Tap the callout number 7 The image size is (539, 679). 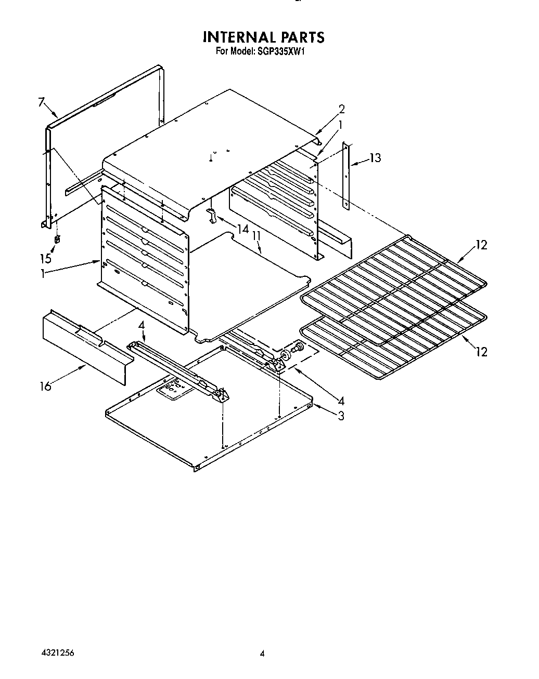click(x=42, y=102)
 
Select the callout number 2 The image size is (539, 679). click(x=341, y=109)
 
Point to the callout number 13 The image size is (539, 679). click(x=375, y=158)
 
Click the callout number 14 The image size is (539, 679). click(x=243, y=229)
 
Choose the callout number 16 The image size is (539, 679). click(x=46, y=386)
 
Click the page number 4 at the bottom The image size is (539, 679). click(x=263, y=654)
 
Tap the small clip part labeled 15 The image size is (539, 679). click(x=57, y=239)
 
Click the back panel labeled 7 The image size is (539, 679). click(x=104, y=151)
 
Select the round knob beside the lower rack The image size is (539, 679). click(x=286, y=355)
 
